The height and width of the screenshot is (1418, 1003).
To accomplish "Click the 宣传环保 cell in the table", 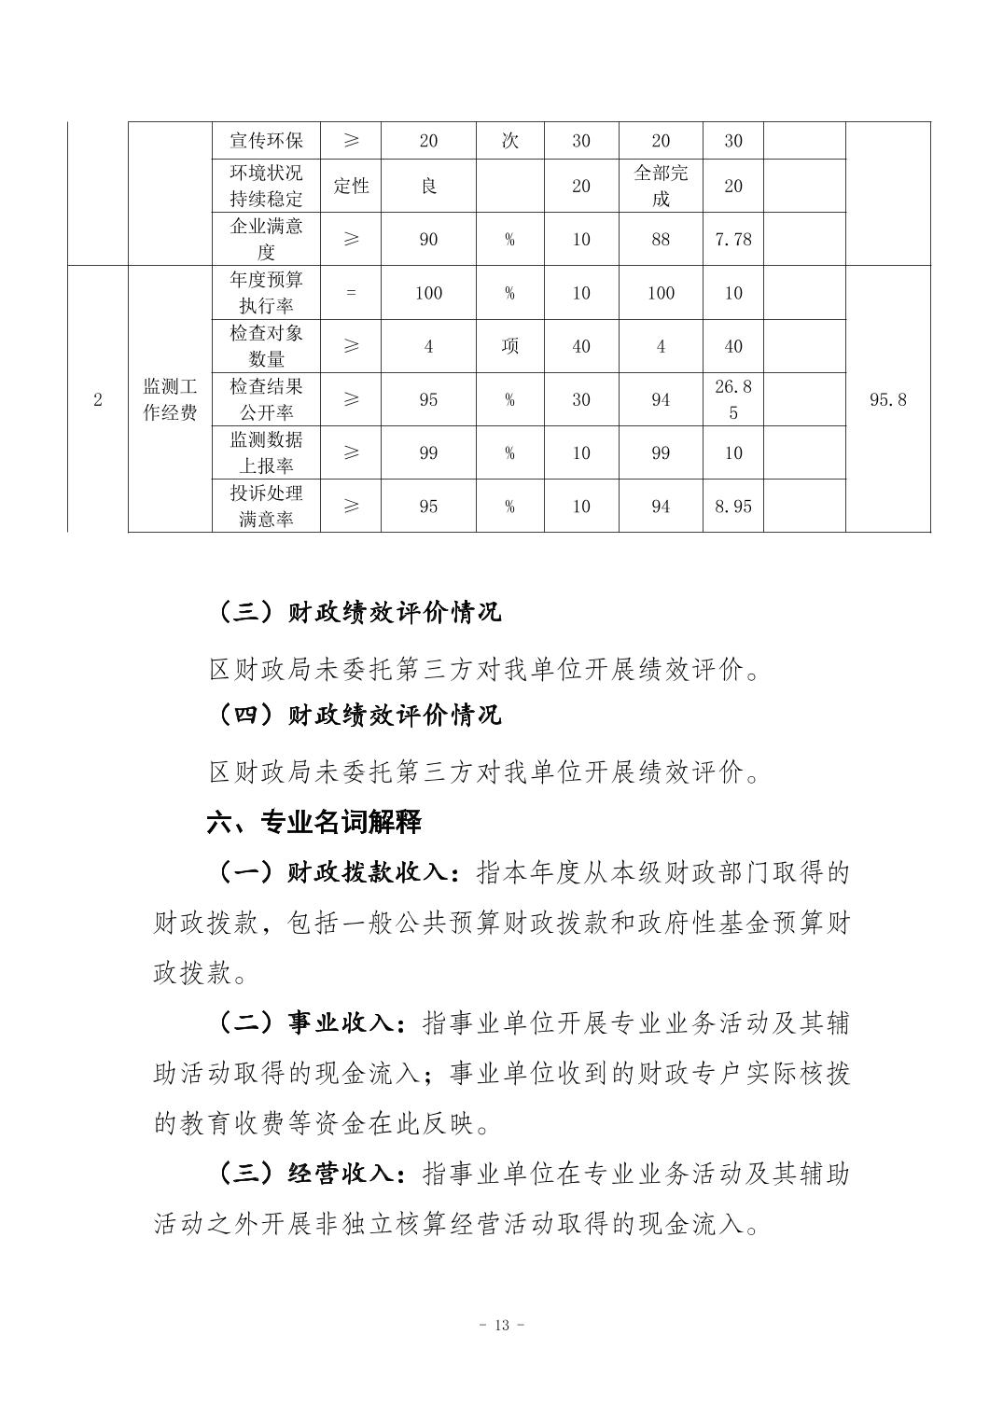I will click(x=266, y=141).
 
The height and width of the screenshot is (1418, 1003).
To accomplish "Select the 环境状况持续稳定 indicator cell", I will click(x=266, y=186).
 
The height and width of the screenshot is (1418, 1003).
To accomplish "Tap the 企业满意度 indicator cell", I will click(x=266, y=239).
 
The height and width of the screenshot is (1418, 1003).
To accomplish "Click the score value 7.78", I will click(x=732, y=239).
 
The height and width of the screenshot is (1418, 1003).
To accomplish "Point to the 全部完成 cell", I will click(x=661, y=186).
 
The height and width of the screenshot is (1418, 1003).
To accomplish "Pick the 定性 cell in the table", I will click(x=351, y=186).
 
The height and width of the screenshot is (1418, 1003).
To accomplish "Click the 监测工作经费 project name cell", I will click(x=170, y=399).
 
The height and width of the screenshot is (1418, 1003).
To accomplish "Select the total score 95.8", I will click(x=887, y=399).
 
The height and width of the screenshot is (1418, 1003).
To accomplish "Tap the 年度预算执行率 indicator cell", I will click(x=266, y=292).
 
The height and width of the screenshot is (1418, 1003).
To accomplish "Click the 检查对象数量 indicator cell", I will click(x=266, y=345).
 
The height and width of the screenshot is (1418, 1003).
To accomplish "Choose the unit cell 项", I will click(x=509, y=346).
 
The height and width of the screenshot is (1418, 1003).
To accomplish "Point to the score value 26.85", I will click(x=732, y=399).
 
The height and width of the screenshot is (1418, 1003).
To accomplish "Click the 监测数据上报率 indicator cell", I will click(x=266, y=452).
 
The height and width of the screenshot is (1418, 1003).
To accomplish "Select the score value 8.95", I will click(x=732, y=506).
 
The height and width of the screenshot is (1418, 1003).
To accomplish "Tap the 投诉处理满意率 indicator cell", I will click(x=266, y=506).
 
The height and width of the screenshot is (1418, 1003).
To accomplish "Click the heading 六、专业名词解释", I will click(x=313, y=822).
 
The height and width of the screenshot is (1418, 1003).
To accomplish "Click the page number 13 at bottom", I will click(x=501, y=1325).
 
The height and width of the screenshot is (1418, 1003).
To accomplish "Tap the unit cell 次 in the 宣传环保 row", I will click(x=509, y=141).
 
